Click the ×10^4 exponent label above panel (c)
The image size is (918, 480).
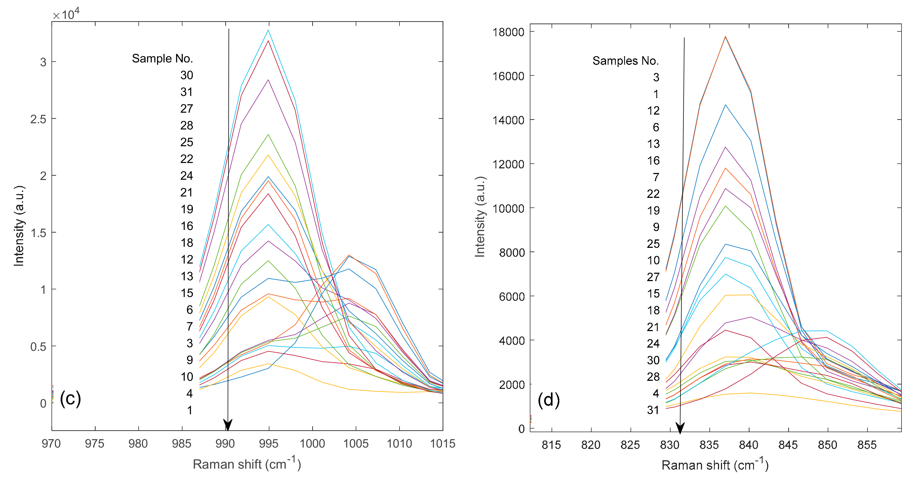(x=66, y=14)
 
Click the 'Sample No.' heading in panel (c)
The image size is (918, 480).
(x=162, y=58)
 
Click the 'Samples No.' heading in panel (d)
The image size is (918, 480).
(x=626, y=61)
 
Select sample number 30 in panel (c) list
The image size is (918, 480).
(x=186, y=75)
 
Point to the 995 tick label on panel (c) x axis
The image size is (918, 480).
(x=268, y=444)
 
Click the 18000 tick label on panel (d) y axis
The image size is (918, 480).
(x=508, y=32)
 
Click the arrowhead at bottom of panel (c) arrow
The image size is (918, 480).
(x=228, y=425)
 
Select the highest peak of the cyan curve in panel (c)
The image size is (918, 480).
(x=268, y=30)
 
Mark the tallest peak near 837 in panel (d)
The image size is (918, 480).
(x=725, y=36)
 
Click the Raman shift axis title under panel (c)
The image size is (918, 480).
(x=247, y=464)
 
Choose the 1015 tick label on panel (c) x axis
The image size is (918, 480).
(x=443, y=444)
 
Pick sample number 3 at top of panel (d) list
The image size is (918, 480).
(x=656, y=77)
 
